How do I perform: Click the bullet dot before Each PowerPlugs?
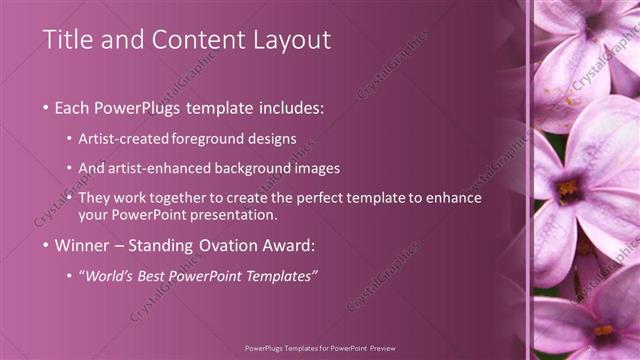(46, 108)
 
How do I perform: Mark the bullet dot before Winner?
(46, 245)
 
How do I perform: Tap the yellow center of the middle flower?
(568, 187)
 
